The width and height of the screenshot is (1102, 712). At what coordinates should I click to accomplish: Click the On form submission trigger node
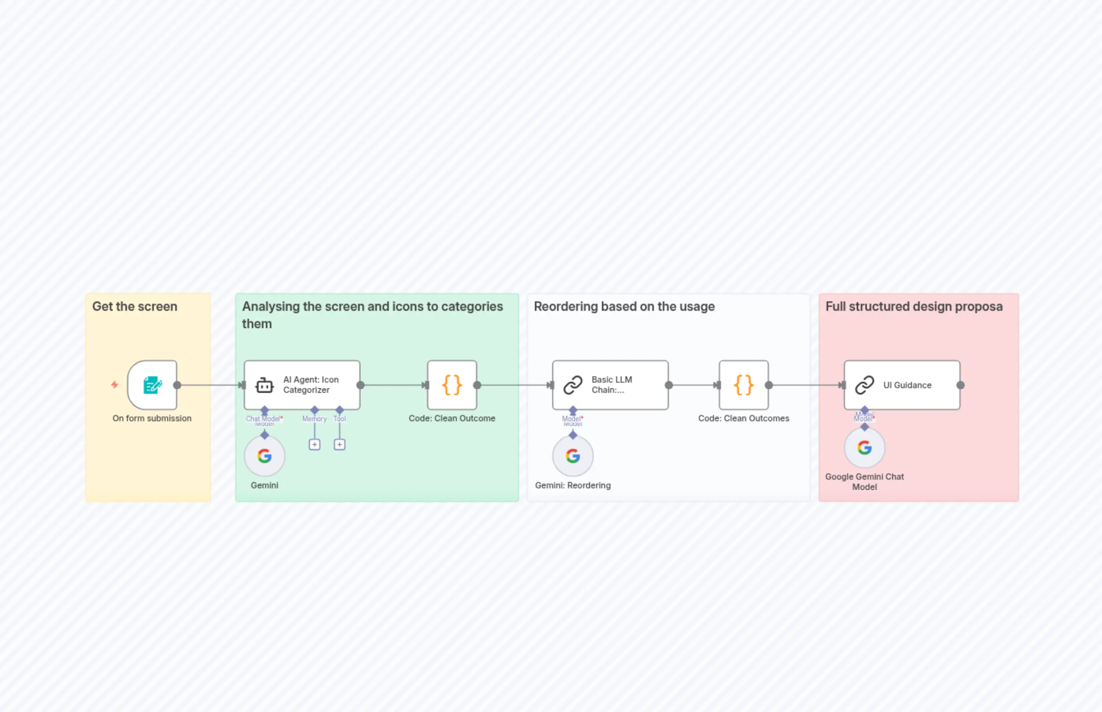pyautogui.click(x=152, y=385)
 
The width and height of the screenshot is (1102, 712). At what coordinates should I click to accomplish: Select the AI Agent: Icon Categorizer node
pyautogui.click(x=302, y=385)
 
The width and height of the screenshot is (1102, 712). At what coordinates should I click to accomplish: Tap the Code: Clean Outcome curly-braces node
pyautogui.click(x=452, y=385)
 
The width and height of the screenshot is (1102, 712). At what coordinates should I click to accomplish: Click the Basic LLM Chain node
pyautogui.click(x=610, y=385)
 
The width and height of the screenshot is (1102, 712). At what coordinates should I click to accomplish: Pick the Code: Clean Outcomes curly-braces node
pyautogui.click(x=743, y=385)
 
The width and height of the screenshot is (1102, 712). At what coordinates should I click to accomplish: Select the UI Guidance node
pyautogui.click(x=902, y=385)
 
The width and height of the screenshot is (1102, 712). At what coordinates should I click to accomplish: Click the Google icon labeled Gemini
pyautogui.click(x=264, y=456)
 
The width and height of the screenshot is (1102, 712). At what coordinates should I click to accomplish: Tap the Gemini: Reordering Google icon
pyautogui.click(x=573, y=456)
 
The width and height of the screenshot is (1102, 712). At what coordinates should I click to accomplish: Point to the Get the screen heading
pyautogui.click(x=134, y=306)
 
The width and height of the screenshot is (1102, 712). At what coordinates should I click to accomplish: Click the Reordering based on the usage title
pyautogui.click(x=624, y=306)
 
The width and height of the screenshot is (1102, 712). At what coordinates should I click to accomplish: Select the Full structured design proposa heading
pyautogui.click(x=914, y=306)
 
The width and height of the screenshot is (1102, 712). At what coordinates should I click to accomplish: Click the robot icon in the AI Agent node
pyautogui.click(x=264, y=385)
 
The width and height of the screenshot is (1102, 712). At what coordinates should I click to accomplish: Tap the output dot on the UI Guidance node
pyautogui.click(x=960, y=385)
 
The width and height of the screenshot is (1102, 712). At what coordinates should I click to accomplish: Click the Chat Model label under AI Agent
pyautogui.click(x=263, y=419)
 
